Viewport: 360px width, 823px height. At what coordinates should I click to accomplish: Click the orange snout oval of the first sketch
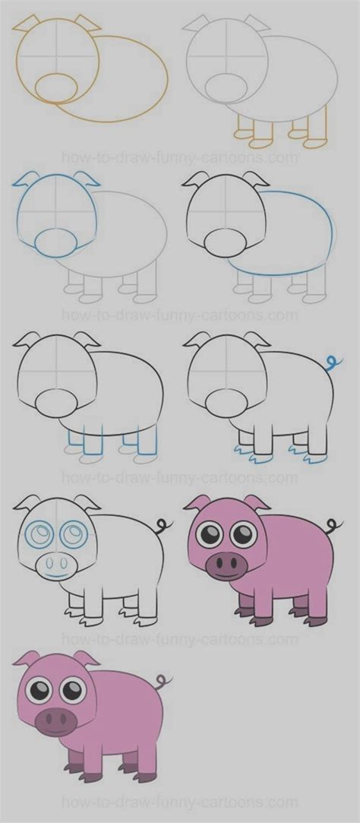pos(57,87)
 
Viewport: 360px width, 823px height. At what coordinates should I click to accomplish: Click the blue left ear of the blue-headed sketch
pos(24,181)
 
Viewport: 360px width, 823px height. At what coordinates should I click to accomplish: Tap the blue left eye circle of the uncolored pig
pos(38,534)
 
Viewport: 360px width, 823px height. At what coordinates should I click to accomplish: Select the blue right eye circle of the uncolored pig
pos(73,533)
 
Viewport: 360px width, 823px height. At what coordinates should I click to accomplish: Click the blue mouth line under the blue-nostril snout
pos(55,577)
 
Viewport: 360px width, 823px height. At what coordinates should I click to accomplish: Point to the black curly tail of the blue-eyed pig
pos(163,525)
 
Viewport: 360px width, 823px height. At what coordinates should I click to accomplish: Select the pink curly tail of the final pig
pos(163,680)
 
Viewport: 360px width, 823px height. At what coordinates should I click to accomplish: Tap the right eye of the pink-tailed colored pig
pos(73,690)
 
